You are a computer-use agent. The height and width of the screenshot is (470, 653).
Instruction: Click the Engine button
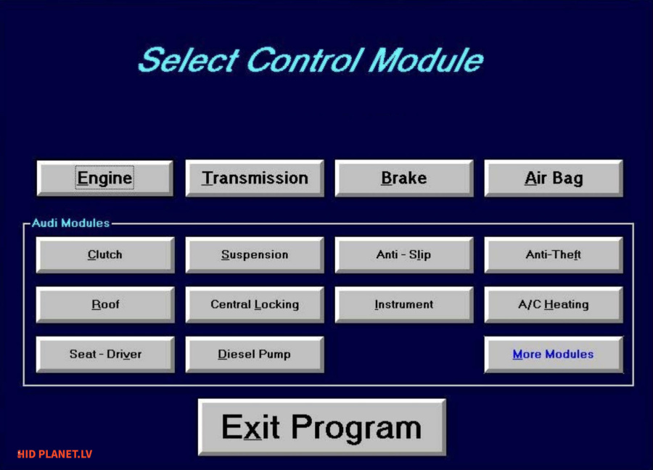pos(105,178)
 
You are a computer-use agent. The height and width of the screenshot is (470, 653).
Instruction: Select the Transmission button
pos(255,178)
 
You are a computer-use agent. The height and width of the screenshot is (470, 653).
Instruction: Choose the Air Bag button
pos(554,178)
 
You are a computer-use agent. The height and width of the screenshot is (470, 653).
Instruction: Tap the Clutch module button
pos(105,255)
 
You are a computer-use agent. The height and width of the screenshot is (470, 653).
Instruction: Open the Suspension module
pos(255,255)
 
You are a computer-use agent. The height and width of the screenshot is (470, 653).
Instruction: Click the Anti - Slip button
pos(404,255)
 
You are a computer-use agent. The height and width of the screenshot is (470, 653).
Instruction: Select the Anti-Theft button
pos(554,255)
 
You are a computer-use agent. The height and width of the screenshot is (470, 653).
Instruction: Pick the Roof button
pos(105,305)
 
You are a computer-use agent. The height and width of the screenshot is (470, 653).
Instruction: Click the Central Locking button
pos(255,305)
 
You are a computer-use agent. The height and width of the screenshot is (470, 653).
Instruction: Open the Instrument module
pos(404,305)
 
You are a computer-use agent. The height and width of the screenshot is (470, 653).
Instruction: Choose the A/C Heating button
pos(554,305)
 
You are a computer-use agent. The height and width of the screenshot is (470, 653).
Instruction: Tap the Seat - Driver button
pos(105,354)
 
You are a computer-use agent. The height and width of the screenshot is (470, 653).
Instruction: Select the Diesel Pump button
pos(255,354)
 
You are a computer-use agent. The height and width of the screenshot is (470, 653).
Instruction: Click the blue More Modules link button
pos(554,354)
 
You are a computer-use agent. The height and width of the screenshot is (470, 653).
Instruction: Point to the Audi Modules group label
pos(71,223)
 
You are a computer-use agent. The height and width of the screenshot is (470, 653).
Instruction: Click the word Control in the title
pos(305,59)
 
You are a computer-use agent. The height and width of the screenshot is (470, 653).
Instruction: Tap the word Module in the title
pos(426,59)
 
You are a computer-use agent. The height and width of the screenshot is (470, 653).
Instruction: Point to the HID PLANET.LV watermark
pos(54,454)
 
